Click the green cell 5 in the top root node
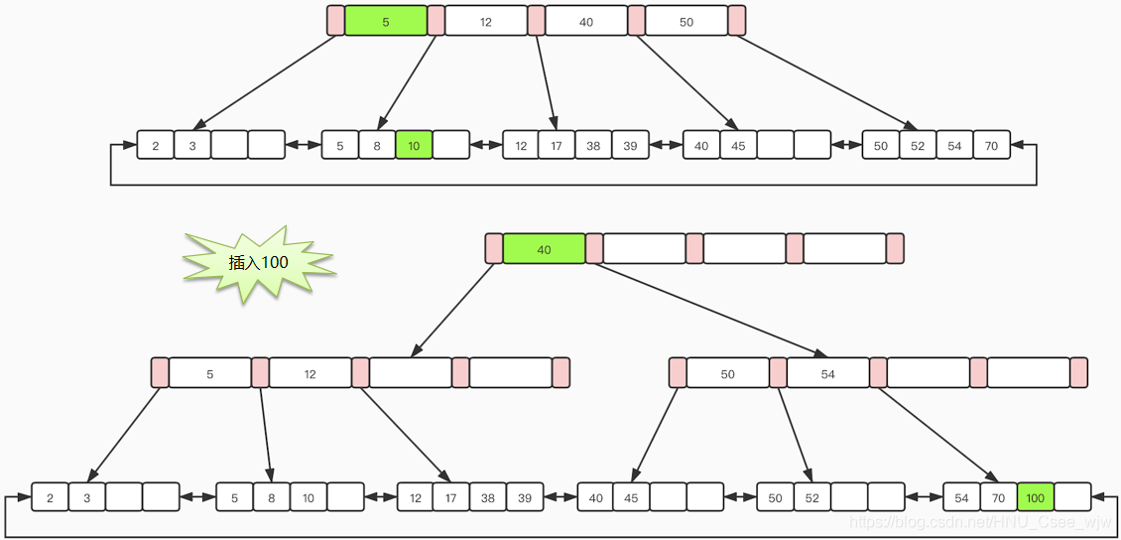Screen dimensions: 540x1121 [386, 21]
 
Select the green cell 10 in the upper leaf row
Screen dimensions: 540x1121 [414, 145]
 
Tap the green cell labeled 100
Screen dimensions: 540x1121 [1036, 497]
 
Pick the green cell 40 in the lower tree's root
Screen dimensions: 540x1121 [544, 249]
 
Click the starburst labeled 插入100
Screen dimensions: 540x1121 [258, 263]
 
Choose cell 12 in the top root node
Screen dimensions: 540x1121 [486, 21]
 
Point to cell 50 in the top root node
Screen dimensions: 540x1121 [686, 21]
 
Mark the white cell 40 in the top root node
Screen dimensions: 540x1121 [586, 21]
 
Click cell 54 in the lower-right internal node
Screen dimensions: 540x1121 [828, 373]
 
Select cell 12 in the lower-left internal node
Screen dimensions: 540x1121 [311, 373]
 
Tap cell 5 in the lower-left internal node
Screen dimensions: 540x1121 [210, 373]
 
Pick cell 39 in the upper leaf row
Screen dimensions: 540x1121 [630, 145]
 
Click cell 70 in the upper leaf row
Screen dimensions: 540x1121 [991, 145]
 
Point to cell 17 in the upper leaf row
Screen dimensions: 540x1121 [557, 145]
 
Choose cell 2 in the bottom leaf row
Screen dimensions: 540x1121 [50, 497]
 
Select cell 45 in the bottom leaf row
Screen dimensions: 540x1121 [632, 497]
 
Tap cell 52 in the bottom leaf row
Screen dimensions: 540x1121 [811, 497]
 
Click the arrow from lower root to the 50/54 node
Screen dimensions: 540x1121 [709, 309]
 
